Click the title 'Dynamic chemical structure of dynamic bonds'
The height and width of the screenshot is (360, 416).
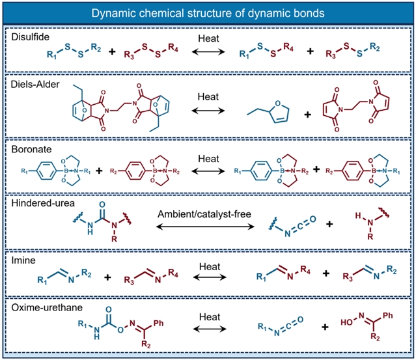(208, 13)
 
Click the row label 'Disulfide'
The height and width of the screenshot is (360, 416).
(30, 37)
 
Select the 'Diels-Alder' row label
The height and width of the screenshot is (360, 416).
(35, 85)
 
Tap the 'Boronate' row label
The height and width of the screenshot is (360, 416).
(31, 149)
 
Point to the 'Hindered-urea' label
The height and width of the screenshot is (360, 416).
(43, 203)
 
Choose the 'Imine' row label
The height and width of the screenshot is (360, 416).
(23, 260)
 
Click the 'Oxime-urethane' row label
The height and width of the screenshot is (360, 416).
(47, 307)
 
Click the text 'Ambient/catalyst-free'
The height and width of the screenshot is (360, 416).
(204, 214)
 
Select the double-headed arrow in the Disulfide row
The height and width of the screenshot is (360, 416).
(208, 51)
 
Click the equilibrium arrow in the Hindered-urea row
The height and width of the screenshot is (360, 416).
(205, 227)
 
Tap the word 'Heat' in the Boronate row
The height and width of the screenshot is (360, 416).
(208, 159)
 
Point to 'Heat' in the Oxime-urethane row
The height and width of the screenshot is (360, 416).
(210, 317)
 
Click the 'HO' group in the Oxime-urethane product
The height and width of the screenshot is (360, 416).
(346, 322)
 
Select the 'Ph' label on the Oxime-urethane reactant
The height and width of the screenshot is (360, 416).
(158, 323)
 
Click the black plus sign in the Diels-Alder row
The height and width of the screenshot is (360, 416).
(307, 115)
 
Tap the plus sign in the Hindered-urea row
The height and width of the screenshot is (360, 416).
(329, 224)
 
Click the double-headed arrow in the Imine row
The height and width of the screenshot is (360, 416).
(210, 277)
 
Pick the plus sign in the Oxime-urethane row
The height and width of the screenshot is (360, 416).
(325, 327)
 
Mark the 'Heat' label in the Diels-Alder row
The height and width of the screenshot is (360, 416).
(208, 97)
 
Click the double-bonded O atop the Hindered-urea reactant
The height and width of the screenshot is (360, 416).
(102, 204)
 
